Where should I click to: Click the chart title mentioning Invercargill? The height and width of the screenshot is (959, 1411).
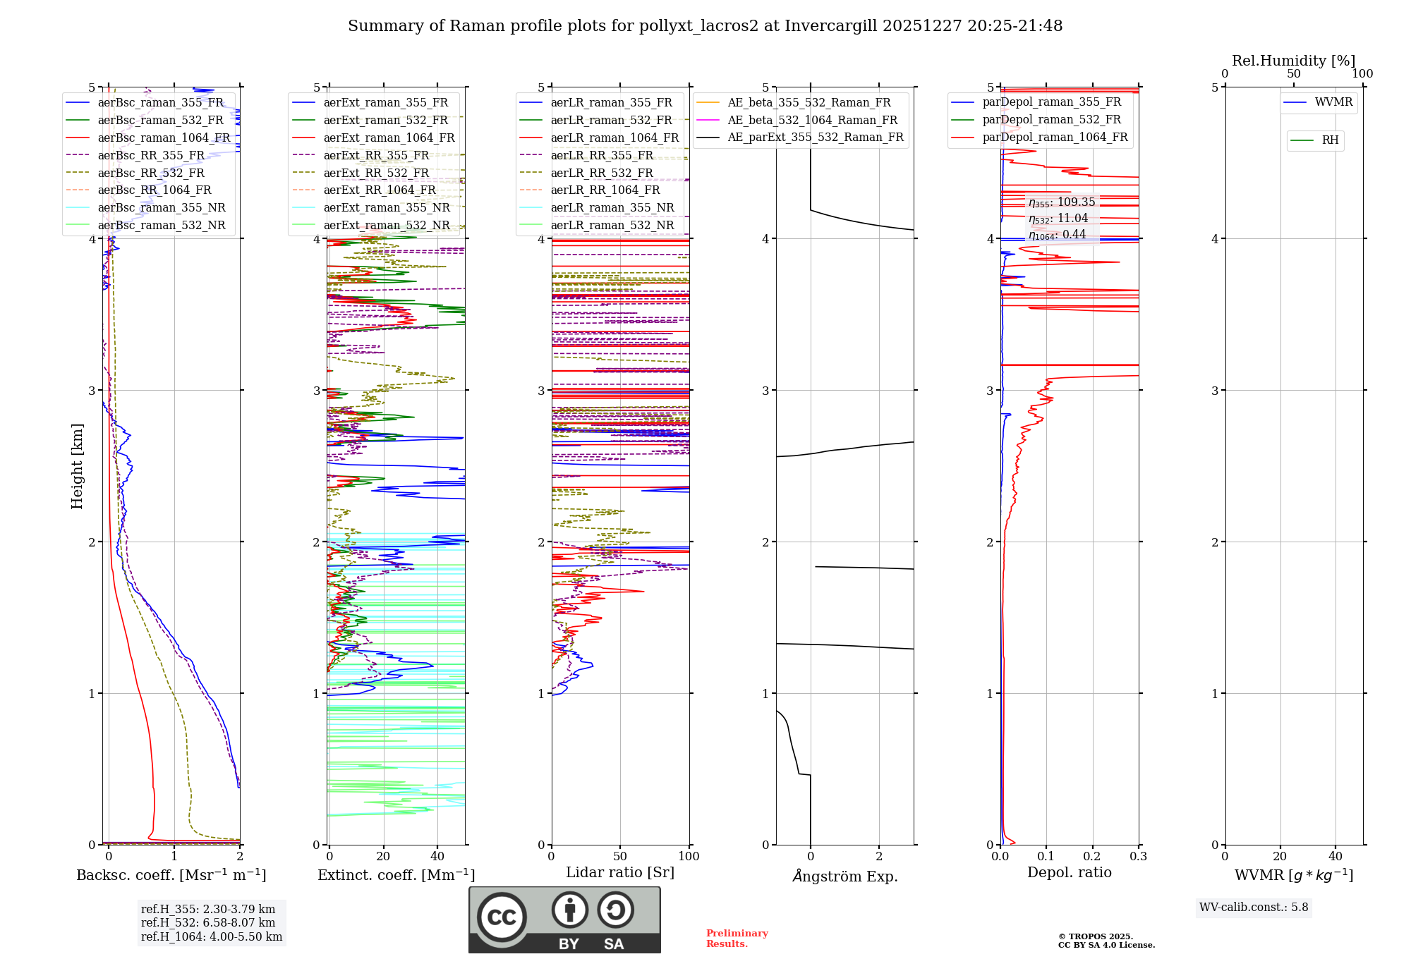pos(705,26)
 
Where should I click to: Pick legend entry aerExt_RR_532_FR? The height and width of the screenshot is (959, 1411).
pos(375,173)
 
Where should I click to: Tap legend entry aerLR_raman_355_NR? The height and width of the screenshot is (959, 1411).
pos(612,207)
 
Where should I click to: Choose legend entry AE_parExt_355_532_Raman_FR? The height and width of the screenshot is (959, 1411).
pos(815,137)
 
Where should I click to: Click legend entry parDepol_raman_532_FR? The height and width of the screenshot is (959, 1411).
pos(1051,120)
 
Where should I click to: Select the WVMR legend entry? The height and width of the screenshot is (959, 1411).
pos(1333,102)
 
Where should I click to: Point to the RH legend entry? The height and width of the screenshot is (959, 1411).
pos(1330,140)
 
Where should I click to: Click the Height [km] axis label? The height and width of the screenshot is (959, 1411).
pos(77,466)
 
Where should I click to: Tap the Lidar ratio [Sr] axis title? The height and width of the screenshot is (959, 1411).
pos(620,872)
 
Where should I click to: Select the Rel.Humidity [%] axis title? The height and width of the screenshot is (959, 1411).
pos(1293,61)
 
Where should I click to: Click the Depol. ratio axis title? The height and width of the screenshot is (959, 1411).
pos(1069,872)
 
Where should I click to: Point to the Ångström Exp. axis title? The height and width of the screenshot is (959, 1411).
pos(844,876)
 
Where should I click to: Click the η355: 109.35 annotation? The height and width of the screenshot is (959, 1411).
pos(1061,202)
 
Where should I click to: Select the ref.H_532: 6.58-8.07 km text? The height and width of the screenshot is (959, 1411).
pos(208,922)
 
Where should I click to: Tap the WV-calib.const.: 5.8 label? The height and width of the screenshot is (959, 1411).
pos(1254,907)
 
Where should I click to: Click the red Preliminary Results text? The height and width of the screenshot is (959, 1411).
pos(737,938)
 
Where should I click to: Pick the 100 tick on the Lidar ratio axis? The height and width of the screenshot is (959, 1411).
pos(689,856)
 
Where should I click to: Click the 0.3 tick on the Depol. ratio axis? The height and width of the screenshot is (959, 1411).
pos(1138,856)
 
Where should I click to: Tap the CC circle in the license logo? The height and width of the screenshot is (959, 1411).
pos(502,917)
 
